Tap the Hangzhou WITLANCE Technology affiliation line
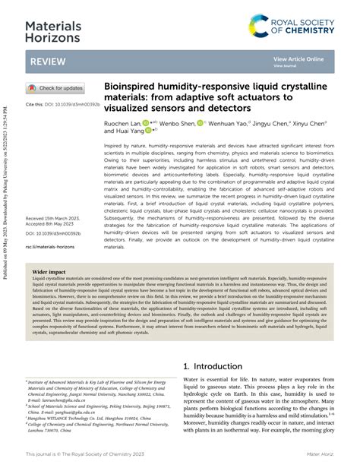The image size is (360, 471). (x=84, y=416)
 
